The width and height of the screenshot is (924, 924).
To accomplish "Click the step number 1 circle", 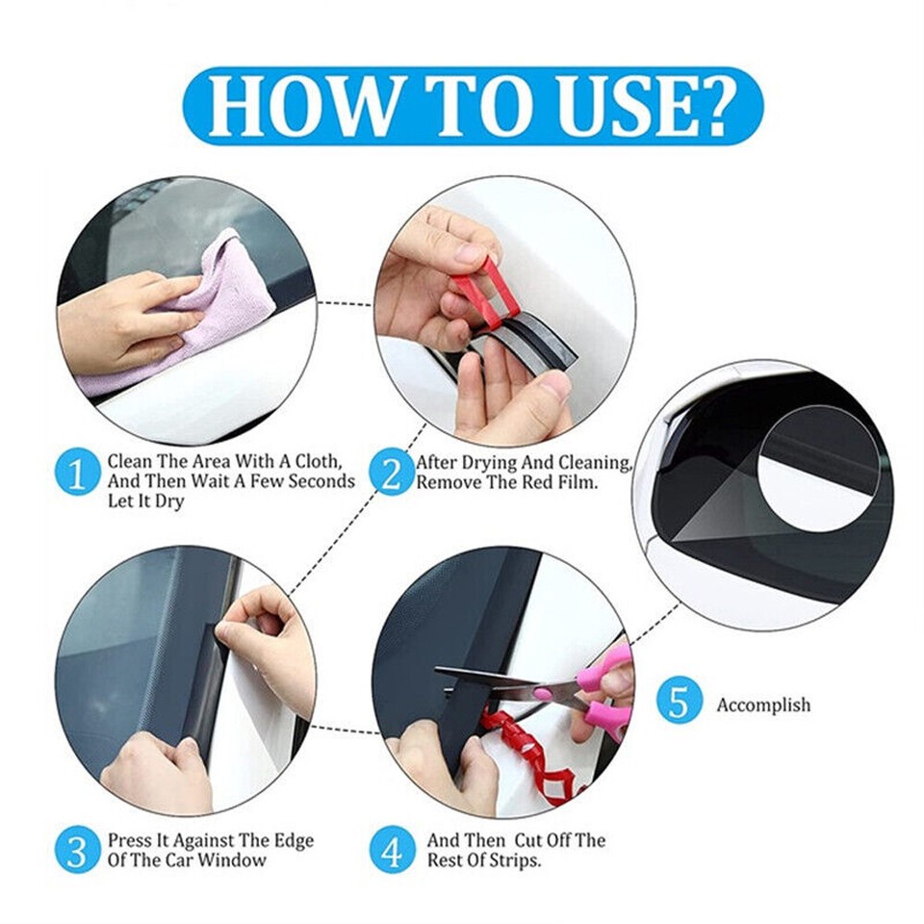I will (78, 473).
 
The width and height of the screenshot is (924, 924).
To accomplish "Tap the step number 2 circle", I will (392, 473).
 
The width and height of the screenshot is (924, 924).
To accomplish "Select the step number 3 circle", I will (78, 851).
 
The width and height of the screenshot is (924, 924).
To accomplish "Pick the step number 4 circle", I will (392, 851).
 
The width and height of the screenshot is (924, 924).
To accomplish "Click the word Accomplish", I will (763, 705).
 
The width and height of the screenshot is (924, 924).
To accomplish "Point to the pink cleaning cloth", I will (207, 308).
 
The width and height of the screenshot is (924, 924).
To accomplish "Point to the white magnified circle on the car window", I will (818, 467).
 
